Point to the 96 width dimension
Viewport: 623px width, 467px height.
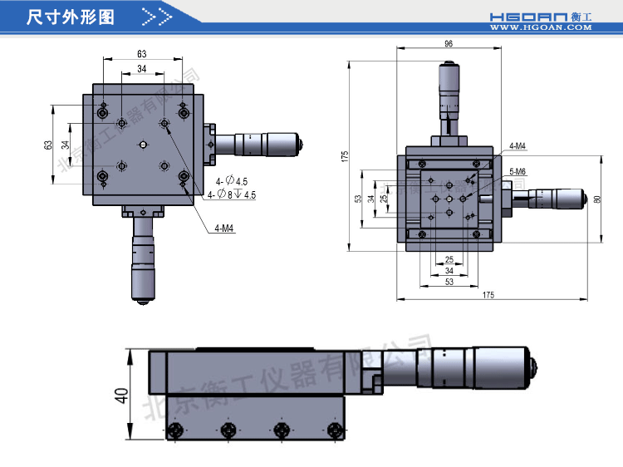pos(449,45)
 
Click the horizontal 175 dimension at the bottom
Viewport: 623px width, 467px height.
pos(487,295)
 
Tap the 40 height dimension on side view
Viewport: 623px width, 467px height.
pos(121,395)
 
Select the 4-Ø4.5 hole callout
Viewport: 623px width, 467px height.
pos(232,181)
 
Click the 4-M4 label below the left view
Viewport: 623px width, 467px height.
pos(223,228)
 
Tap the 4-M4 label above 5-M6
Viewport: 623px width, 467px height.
pos(518,146)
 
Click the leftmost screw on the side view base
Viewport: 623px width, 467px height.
pos(175,430)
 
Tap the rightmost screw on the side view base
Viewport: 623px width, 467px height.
pos(334,430)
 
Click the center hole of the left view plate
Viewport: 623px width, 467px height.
pos(143,145)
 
